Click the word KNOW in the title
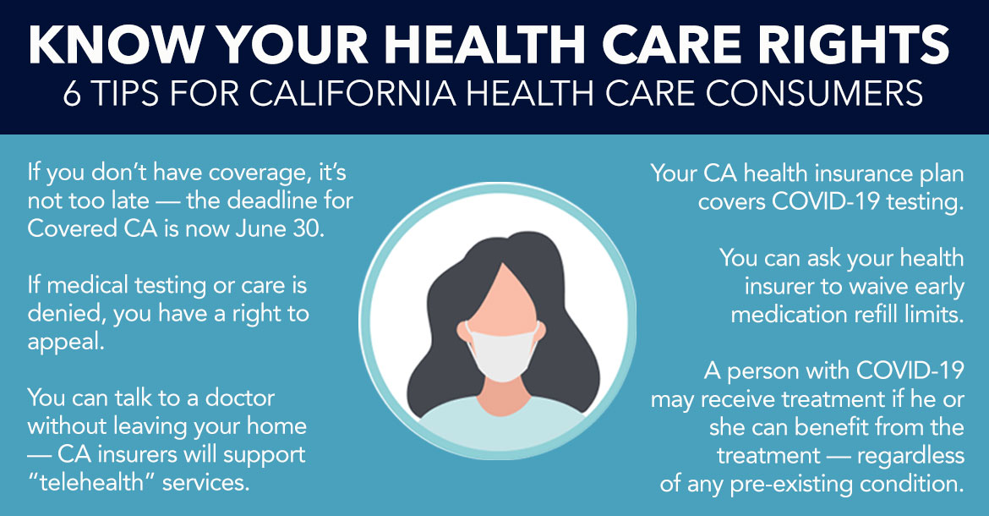tap(116, 45)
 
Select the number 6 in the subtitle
tap(72, 94)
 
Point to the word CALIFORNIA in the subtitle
tap(352, 94)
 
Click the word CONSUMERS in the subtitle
tap(815, 94)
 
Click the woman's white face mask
tap(503, 351)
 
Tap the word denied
tap(67, 314)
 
